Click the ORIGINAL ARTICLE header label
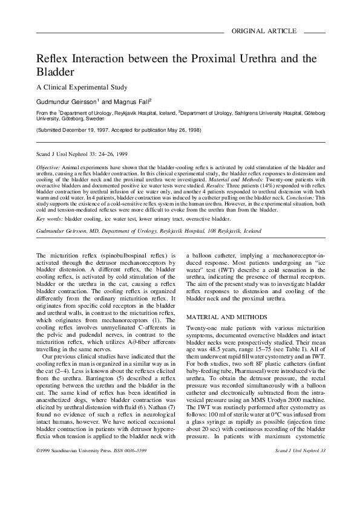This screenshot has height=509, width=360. [x=264, y=31]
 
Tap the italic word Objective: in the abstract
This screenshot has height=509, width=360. [x=48, y=166]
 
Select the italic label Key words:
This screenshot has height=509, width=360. [x=49, y=218]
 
